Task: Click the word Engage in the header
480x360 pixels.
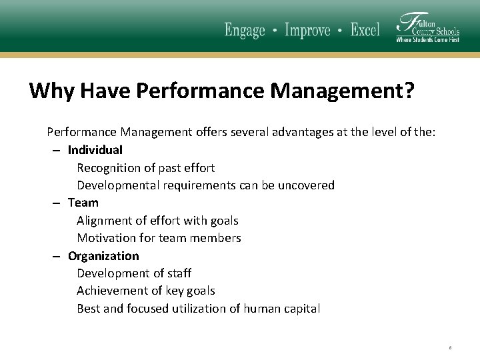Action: pyautogui.click(x=245, y=31)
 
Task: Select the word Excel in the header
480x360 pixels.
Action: pyautogui.click(x=365, y=31)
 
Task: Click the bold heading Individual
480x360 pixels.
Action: pyautogui.click(x=95, y=150)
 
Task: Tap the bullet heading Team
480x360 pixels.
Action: pyautogui.click(x=83, y=203)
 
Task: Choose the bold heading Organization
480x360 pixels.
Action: pyautogui.click(x=103, y=256)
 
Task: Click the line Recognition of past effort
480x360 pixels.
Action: pyautogui.click(x=145, y=168)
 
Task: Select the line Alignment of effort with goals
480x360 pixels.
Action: pyautogui.click(x=157, y=221)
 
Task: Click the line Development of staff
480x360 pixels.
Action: pyautogui.click(x=134, y=273)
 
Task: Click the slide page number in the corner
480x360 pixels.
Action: pyautogui.click(x=451, y=347)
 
